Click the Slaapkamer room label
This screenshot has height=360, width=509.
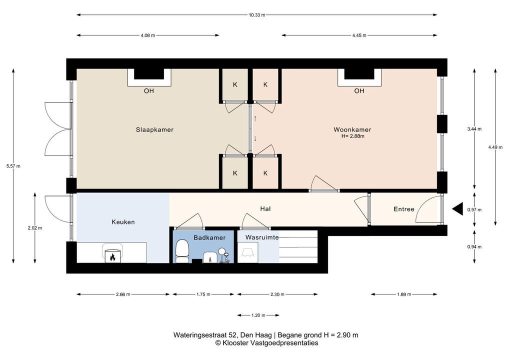(154, 130)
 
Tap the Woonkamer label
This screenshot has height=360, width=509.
(352, 130)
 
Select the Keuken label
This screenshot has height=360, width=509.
(123, 222)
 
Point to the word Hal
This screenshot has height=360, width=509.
(265, 208)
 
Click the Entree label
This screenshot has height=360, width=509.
(404, 209)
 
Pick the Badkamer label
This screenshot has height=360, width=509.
(209, 237)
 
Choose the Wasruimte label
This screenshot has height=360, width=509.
(261, 237)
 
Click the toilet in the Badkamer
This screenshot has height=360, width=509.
(182, 251)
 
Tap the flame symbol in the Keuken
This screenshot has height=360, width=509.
(112, 257)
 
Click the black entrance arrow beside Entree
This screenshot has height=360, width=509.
(458, 208)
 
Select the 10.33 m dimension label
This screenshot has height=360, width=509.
(257, 15)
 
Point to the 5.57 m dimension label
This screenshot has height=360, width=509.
(13, 166)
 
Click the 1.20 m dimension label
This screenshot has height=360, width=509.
(258, 315)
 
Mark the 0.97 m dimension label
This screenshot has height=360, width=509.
(474, 209)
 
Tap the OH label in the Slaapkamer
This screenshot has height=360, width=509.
(149, 91)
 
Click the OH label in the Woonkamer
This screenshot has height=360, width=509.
(359, 91)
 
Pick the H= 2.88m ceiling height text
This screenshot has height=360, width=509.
(353, 136)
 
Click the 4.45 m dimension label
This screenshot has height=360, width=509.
(359, 35)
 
